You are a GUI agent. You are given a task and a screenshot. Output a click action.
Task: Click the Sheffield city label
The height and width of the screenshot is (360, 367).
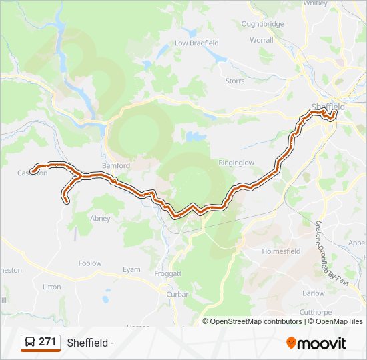[x=328, y=107]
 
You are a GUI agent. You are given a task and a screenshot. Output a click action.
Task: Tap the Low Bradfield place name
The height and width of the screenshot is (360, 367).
[x=196, y=43]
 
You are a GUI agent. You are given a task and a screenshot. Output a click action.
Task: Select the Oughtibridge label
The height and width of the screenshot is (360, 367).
[x=262, y=24]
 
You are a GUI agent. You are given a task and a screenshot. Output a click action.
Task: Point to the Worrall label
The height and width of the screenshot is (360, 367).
[x=262, y=40]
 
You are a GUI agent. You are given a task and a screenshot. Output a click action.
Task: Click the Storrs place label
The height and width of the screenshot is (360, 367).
[x=234, y=81]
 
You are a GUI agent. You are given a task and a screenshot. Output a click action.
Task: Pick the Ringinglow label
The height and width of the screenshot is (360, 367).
[x=236, y=162]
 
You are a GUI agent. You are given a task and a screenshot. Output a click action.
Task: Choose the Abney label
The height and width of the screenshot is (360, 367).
[x=100, y=218]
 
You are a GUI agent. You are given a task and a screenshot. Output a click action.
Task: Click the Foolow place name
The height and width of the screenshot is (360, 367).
[x=90, y=263]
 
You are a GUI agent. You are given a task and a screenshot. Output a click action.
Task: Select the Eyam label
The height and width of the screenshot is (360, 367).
[x=131, y=269]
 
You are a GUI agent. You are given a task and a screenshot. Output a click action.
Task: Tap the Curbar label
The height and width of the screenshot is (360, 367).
[x=179, y=294]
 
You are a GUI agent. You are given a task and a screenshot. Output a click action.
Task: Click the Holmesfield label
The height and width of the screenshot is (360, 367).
[x=281, y=251]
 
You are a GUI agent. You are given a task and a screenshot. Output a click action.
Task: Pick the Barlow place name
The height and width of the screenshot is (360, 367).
[x=313, y=293]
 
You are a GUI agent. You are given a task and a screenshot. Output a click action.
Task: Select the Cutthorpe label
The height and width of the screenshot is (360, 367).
[x=315, y=311]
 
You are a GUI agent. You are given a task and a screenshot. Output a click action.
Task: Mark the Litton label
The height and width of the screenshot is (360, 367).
[x=51, y=287]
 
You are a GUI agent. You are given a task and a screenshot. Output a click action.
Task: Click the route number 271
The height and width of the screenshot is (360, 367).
[x=47, y=341]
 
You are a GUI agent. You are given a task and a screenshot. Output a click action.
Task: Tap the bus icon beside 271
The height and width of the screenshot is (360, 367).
[x=30, y=342]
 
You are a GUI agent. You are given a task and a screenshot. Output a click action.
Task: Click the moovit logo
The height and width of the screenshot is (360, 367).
[x=316, y=343]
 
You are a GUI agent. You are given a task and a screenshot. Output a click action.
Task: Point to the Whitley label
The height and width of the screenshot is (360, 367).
[x=315, y=3]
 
